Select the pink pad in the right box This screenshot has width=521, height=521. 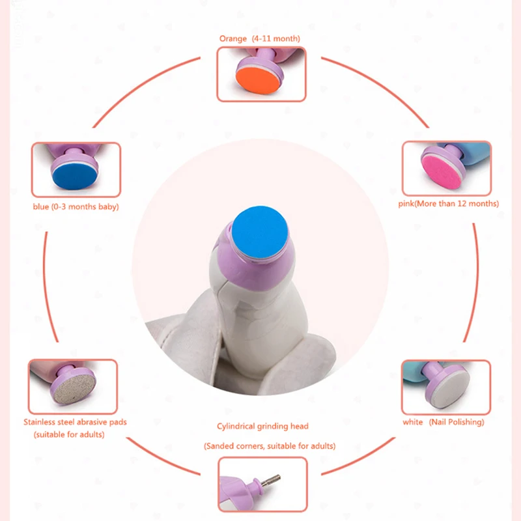(x=442, y=172)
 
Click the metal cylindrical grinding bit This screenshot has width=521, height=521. (x=271, y=481)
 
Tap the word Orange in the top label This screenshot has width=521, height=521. (x=233, y=38)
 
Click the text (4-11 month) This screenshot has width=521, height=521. (x=275, y=38)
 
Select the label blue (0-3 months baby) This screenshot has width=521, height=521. (x=76, y=206)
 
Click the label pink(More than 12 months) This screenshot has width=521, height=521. (x=449, y=204)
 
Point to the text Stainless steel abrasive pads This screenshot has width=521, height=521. (x=75, y=422)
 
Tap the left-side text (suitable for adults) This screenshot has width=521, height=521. (x=69, y=434)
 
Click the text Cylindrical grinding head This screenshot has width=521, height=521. (x=262, y=427)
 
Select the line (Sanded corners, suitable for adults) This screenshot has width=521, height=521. (x=270, y=446)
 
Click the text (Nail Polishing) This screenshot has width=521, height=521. (x=457, y=422)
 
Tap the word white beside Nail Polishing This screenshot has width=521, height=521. (x=413, y=422)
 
